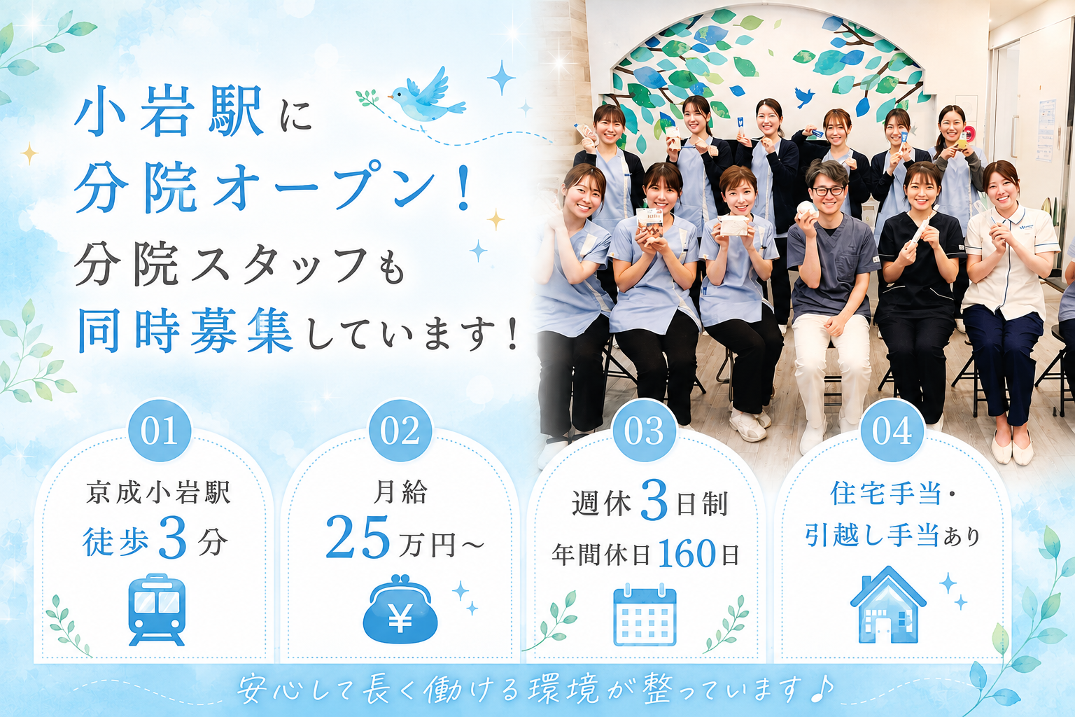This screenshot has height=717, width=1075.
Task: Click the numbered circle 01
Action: [x=160, y=431]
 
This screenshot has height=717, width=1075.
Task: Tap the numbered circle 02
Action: [x=400, y=431]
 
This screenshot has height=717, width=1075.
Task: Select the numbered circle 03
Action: [x=645, y=431]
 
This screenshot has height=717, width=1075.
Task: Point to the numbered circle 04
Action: [x=892, y=431]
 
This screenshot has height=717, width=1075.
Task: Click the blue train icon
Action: [x=157, y=609]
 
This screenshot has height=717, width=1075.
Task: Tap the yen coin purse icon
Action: [x=400, y=609]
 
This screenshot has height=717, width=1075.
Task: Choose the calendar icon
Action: [x=645, y=614]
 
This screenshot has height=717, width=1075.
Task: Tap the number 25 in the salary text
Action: [x=358, y=537]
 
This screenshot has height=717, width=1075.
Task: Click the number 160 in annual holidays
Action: [x=687, y=554]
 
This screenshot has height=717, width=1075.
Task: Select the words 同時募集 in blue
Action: [x=185, y=331]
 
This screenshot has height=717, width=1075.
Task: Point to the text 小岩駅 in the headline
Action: [x=169, y=111]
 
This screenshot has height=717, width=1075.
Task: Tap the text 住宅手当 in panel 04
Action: [x=886, y=493]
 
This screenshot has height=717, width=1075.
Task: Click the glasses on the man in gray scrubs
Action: [x=828, y=190]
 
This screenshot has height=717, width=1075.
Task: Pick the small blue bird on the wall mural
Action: [x=804, y=96]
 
